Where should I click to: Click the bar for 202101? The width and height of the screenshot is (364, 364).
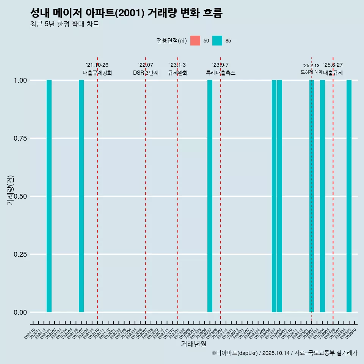(x=49, y=196)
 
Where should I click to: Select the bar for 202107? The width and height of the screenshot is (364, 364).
(x=81, y=196)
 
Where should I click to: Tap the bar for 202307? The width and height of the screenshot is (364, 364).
(x=210, y=196)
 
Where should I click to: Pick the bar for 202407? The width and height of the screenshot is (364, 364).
(x=274, y=196)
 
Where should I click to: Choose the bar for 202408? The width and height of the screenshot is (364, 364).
(x=279, y=196)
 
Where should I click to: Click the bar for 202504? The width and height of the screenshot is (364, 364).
(x=322, y=196)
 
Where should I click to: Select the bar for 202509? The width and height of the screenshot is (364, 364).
(x=349, y=196)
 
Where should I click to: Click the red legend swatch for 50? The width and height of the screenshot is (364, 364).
(x=195, y=41)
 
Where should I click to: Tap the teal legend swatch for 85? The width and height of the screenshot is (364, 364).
(x=217, y=41)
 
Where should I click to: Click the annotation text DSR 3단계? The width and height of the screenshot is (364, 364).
(x=146, y=73)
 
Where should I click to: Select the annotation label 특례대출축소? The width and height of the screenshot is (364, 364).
(x=221, y=73)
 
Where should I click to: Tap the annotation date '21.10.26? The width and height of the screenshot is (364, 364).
(x=97, y=65)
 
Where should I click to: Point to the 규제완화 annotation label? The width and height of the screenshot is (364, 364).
(x=178, y=73)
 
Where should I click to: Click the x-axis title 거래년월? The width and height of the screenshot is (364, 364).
(x=193, y=344)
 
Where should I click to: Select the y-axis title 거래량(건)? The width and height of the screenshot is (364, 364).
(x=10, y=190)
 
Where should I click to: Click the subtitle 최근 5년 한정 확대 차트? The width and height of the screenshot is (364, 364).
(x=64, y=24)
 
